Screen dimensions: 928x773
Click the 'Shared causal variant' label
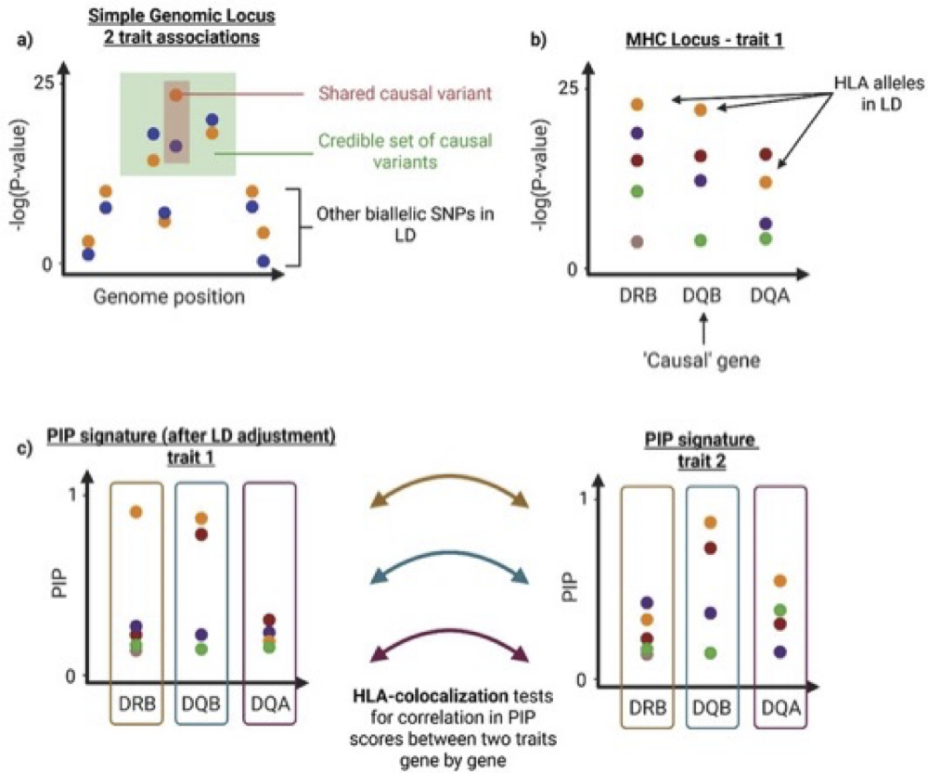[406, 94]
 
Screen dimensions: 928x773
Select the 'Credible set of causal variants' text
[406, 151]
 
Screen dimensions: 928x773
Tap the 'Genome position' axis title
[169, 297]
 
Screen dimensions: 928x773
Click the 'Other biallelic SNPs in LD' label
[406, 225]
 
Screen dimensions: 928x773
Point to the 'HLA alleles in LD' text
[879, 94]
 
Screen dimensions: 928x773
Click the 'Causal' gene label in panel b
[702, 360]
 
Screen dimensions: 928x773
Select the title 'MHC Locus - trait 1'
[705, 40]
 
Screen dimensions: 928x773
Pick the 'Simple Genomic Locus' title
[182, 16]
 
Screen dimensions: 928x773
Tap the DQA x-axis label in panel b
[770, 295]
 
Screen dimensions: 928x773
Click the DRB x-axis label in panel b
[638, 295]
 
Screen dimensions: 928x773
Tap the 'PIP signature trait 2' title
[702, 450]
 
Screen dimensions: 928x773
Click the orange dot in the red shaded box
[175, 95]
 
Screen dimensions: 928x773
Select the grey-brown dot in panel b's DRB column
[637, 241]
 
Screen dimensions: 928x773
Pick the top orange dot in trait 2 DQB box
[710, 522]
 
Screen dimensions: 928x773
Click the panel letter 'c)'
[24, 448]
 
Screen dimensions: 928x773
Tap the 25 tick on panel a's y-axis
[45, 82]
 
